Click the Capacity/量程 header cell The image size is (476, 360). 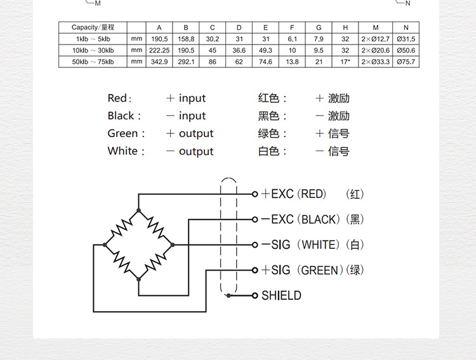pos(93,27)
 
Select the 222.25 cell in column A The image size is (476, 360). pos(159,50)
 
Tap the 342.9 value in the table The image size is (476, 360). pos(159,62)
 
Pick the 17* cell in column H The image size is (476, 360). pos(345,62)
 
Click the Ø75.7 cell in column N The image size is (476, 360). pos(406,62)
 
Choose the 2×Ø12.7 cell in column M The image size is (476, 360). pos(376,39)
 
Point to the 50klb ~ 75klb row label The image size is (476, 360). pos(93,62)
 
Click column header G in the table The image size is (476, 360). pos(319,27)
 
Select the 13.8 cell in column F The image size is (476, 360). pos(292,62)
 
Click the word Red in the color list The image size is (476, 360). pos(118,98)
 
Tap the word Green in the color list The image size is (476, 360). pos(123,133)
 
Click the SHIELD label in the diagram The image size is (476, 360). pos(281,295)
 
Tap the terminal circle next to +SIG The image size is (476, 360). pos(255,270)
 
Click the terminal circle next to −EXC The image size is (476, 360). pos(255,219)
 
